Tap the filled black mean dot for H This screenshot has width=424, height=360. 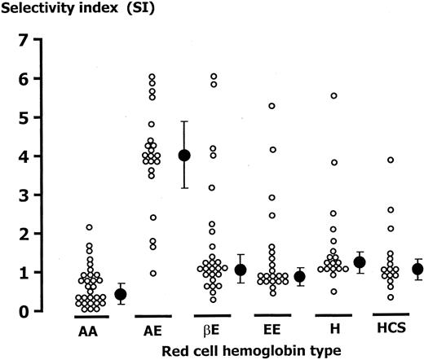(x=360, y=262)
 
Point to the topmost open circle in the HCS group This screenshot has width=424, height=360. (x=391, y=160)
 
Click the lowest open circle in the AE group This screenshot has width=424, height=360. (x=152, y=273)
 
